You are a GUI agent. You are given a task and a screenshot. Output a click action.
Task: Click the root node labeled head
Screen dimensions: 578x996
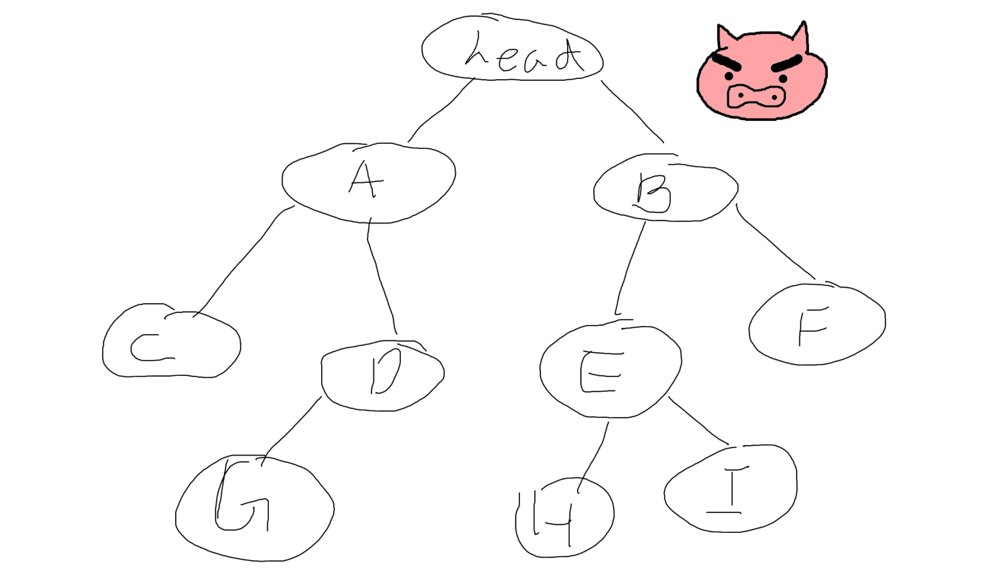pos(512,49)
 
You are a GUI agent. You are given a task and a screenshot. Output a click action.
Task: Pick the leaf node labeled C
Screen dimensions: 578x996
pos(171,343)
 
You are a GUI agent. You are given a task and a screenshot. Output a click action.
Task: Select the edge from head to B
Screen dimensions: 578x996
pos(632,111)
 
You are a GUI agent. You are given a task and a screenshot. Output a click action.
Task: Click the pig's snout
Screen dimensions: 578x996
pos(756,97)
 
